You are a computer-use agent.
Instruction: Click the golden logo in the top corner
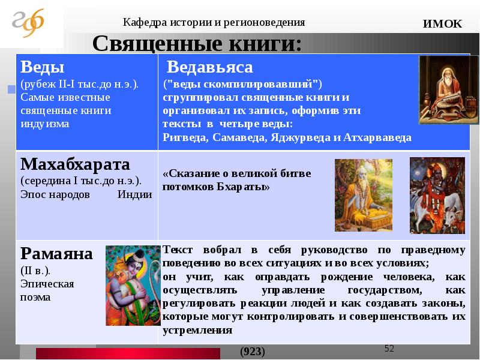click(x=28, y=23)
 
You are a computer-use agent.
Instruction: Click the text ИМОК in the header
click(x=442, y=23)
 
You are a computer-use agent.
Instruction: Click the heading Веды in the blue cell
click(x=42, y=67)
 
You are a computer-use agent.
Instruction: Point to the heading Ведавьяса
click(x=209, y=67)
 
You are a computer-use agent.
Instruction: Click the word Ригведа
click(x=185, y=137)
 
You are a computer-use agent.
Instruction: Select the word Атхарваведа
click(x=377, y=137)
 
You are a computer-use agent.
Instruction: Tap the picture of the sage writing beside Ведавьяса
click(x=448, y=89)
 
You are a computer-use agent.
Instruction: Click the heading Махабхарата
click(x=76, y=164)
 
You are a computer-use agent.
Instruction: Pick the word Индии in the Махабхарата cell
click(x=134, y=194)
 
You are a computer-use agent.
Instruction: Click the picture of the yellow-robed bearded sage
click(x=364, y=195)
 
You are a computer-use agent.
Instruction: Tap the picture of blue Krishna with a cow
click(x=437, y=196)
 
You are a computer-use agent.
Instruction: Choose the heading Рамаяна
click(x=56, y=254)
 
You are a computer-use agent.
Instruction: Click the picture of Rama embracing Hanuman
click(x=133, y=286)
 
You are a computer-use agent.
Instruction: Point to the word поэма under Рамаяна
click(x=35, y=297)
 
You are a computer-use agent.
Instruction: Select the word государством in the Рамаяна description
click(x=385, y=290)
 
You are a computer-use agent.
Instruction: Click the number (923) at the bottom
click(x=253, y=352)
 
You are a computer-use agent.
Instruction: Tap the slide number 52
click(x=389, y=349)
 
